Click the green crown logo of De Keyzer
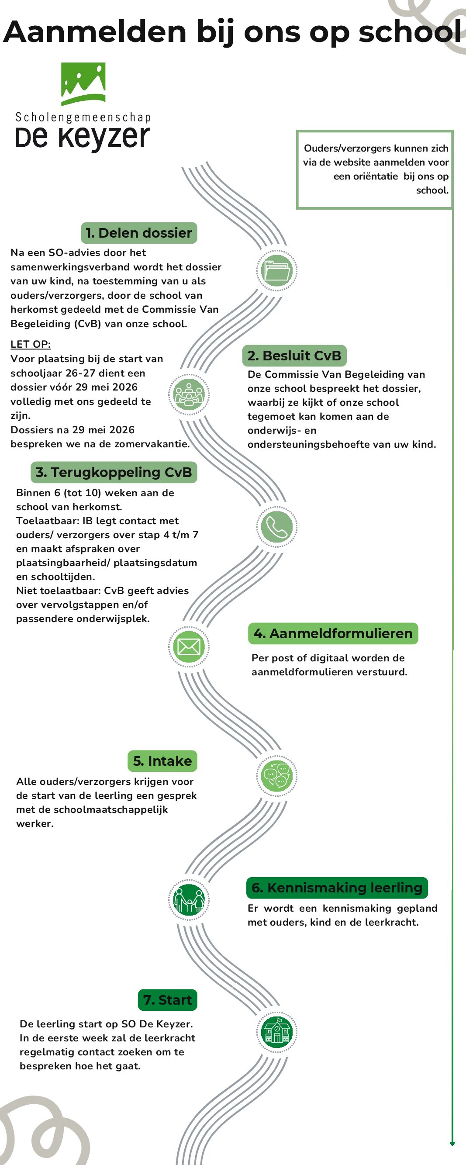[x=83, y=83]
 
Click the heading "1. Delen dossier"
[x=139, y=233]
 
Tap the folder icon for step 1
[x=276, y=270]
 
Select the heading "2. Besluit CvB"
[x=294, y=356]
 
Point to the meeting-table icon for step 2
[x=189, y=394]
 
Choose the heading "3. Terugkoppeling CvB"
[x=114, y=472]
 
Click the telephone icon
[x=276, y=527]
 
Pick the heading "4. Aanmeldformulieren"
[x=333, y=633]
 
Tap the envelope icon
[x=189, y=647]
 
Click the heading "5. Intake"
[x=162, y=761]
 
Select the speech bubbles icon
[x=276, y=776]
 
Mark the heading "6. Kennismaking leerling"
[x=337, y=887]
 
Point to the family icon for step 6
[x=189, y=900]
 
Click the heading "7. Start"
[x=167, y=999]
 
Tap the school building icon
[x=276, y=1032]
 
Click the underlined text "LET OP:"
[x=30, y=344]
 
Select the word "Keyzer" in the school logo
[x=104, y=138]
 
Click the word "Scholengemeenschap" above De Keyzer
[x=83, y=118]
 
